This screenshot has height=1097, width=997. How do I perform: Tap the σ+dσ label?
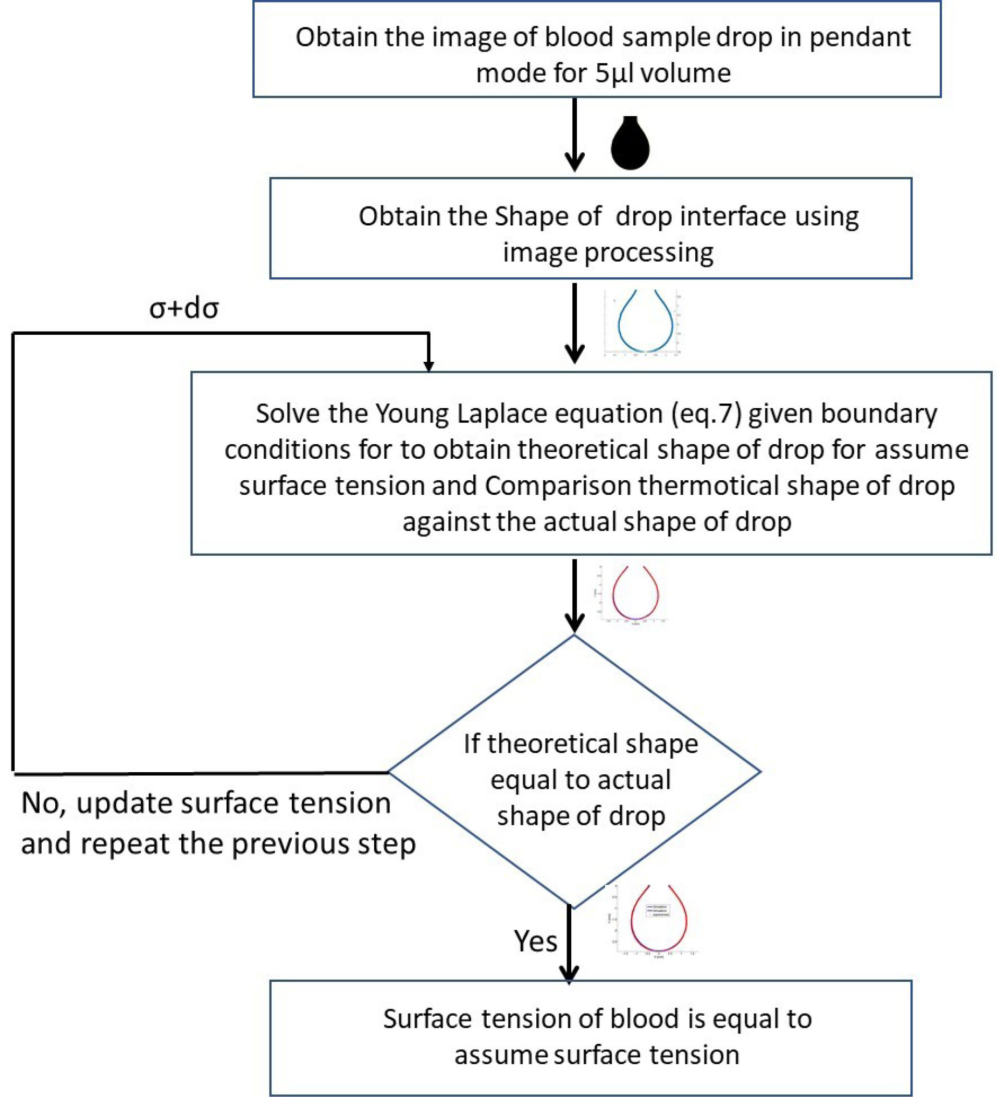coord(184,309)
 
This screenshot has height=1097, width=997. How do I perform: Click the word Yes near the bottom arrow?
coord(535,942)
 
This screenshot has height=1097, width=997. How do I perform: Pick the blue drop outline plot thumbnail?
coord(645,323)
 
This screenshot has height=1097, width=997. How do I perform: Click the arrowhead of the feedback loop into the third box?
coord(428,365)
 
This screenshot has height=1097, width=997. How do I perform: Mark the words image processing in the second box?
coord(608,252)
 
